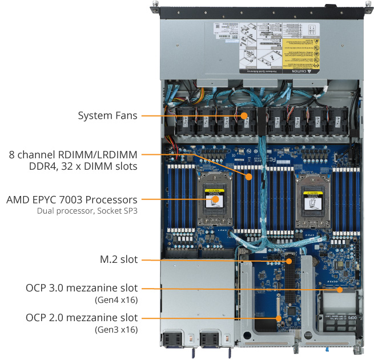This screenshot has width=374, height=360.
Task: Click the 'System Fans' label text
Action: (x=107, y=115)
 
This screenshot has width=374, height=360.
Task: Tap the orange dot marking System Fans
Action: (x=244, y=115)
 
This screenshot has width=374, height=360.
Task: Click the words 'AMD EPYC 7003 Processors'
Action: (x=72, y=200)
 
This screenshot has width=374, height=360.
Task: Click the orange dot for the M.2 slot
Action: (x=289, y=261)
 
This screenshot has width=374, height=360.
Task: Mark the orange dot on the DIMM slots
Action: (x=249, y=177)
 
